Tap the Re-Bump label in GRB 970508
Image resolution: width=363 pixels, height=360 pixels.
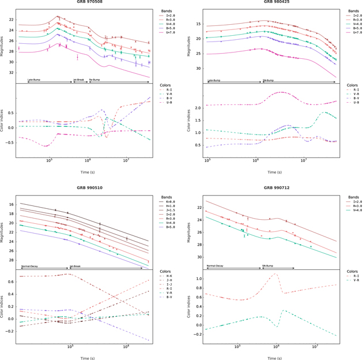tap(94, 80)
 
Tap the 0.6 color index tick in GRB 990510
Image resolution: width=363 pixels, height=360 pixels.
tap(12, 294)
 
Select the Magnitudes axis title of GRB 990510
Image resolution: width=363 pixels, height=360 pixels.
tap(4, 231)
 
